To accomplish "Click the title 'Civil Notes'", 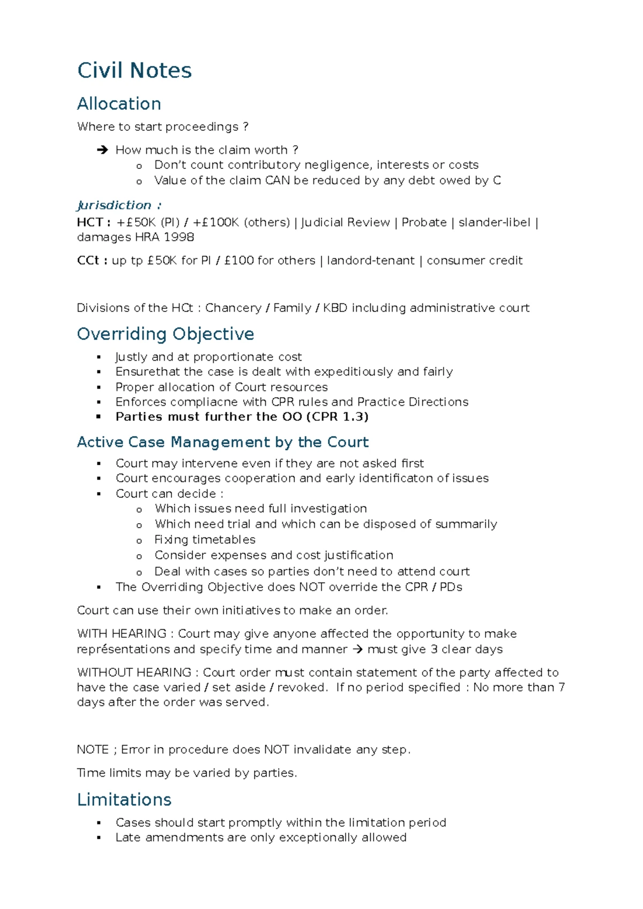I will (x=134, y=70).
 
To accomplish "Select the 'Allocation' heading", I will (x=119, y=103).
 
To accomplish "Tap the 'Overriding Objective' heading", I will (x=166, y=334).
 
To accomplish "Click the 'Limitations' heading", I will (x=124, y=799).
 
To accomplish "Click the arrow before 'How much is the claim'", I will (x=102, y=150).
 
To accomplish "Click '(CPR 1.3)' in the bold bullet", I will (x=337, y=416).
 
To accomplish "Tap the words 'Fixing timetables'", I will (x=205, y=539).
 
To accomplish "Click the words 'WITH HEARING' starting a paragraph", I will (x=122, y=634).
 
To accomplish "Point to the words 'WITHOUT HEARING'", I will (x=134, y=672).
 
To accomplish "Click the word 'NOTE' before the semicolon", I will (x=93, y=749).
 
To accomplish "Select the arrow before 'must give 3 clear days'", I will (x=357, y=649).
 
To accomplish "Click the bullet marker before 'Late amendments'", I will (x=99, y=838).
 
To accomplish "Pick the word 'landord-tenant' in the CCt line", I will (x=370, y=260).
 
